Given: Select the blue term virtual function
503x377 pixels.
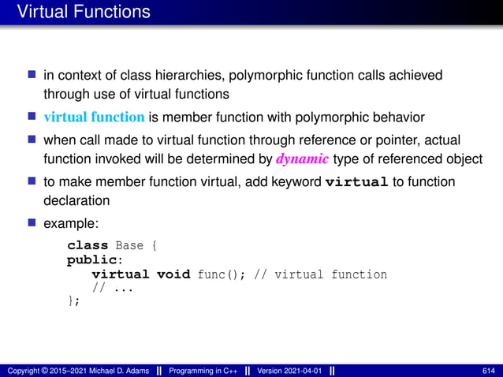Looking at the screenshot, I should tap(94, 118).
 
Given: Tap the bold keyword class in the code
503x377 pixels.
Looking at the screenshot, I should tap(88, 245).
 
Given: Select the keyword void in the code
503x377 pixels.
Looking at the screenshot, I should tap(173, 274).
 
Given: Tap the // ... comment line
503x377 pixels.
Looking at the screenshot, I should tap(113, 288).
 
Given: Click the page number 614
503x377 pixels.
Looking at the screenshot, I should tap(488, 371).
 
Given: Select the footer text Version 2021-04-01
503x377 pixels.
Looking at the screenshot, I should tap(289, 371).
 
